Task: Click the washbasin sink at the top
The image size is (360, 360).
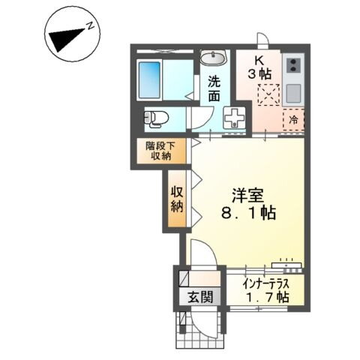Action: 214,58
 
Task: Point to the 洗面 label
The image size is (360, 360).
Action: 214,91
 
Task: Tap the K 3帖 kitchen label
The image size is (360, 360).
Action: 259,67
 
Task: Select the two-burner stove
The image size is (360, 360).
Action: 292,65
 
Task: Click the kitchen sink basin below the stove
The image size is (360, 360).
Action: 292,94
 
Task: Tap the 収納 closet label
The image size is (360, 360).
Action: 177,197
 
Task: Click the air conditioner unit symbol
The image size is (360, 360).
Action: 286,263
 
